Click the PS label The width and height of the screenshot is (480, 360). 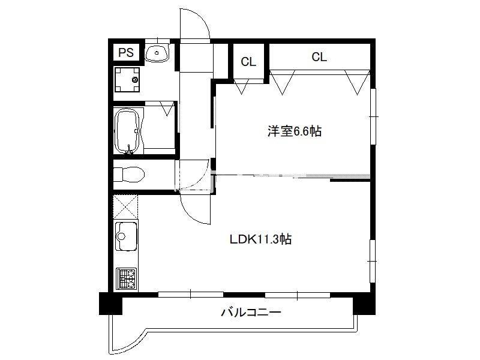pyautogui.click(x=126, y=52)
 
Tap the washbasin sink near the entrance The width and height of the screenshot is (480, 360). pyautogui.click(x=157, y=53)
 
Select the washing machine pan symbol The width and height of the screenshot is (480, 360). pyautogui.click(x=127, y=80)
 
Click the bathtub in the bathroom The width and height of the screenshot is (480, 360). pyautogui.click(x=127, y=131)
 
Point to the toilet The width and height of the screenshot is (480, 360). pyautogui.click(x=128, y=174)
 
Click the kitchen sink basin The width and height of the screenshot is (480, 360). pyautogui.click(x=126, y=236)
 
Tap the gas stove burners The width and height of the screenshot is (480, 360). pyautogui.click(x=127, y=278)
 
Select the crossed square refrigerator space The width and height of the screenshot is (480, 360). pyautogui.click(x=125, y=207)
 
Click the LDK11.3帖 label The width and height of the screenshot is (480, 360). pyautogui.click(x=260, y=239)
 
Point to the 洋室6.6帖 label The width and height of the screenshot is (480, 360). pyautogui.click(x=295, y=131)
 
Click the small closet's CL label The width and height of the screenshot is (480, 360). pyautogui.click(x=248, y=62)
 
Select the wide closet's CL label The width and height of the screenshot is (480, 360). pyautogui.click(x=319, y=56)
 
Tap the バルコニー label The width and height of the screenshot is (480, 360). pyautogui.click(x=251, y=313)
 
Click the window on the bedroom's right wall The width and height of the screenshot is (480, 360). pyautogui.click(x=373, y=116)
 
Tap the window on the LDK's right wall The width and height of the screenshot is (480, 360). pyautogui.click(x=373, y=261)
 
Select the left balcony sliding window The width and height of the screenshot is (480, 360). pyautogui.click(x=191, y=295)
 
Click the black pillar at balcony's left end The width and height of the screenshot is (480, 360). pyautogui.click(x=110, y=304)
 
